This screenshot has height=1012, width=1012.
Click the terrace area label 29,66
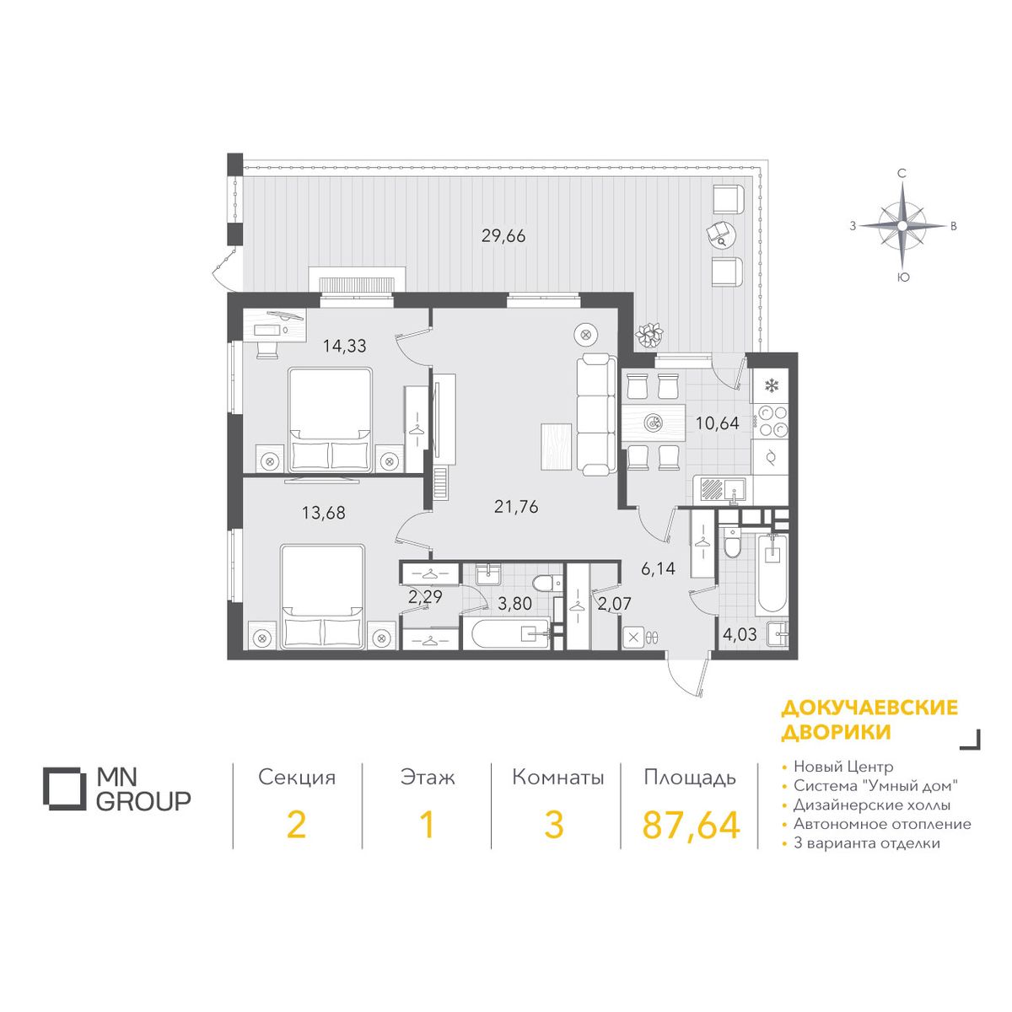(x=503, y=236)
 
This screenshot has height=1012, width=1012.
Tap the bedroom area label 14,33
(x=345, y=346)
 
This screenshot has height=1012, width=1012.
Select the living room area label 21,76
(x=516, y=507)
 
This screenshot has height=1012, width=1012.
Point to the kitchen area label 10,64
(x=718, y=423)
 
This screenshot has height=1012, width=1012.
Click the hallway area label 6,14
(x=658, y=568)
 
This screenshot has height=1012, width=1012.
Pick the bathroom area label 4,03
(x=740, y=635)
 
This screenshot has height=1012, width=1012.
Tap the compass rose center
(x=902, y=226)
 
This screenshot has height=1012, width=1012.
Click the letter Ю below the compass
(x=902, y=277)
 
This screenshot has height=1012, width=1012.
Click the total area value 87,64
(x=692, y=825)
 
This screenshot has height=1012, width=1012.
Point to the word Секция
(x=297, y=778)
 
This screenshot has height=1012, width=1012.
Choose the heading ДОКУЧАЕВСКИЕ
(x=869, y=708)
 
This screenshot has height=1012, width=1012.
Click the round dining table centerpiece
(x=654, y=422)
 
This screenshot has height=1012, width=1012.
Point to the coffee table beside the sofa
(x=556, y=446)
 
